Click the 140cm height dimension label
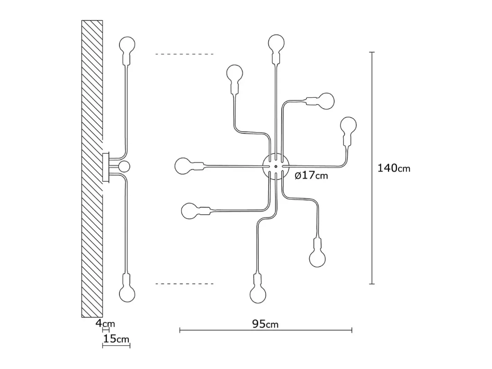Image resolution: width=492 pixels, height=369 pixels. pos(394,168)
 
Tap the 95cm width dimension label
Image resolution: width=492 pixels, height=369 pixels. pos(265,324)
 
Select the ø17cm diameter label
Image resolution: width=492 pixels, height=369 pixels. pos(311,175)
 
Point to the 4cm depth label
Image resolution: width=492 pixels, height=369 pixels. pos(105,323)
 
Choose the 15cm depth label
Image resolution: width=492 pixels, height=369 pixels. pos(116,339)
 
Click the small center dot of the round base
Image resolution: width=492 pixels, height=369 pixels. pos(276,166)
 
